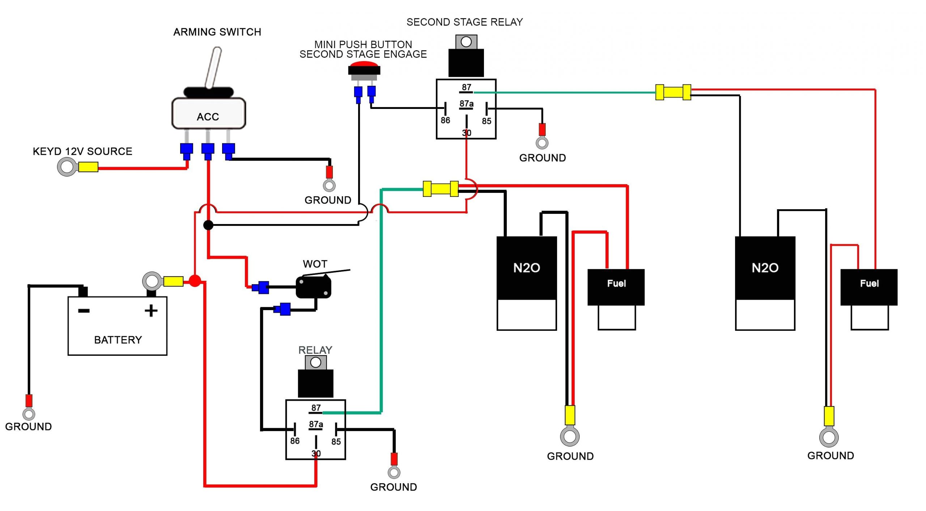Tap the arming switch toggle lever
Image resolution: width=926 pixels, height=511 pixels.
(213, 67)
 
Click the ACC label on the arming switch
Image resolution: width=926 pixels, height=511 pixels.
(208, 117)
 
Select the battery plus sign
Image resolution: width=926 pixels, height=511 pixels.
(151, 311)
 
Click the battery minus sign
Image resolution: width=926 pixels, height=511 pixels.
(84, 311)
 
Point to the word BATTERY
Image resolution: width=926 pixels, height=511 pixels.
(118, 340)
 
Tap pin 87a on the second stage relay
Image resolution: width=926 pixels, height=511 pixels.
(466, 104)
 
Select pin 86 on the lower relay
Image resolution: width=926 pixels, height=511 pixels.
(295, 440)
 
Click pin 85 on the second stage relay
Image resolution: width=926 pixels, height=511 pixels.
(487, 121)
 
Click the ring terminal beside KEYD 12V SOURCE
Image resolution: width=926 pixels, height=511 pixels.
(67, 167)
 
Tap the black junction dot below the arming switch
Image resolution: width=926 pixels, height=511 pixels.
(208, 225)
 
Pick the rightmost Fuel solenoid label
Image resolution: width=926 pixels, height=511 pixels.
(869, 283)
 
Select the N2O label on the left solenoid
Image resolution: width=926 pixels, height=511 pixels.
(527, 268)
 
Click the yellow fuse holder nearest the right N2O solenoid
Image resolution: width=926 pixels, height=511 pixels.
(673, 92)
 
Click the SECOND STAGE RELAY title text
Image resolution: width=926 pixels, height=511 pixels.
(464, 22)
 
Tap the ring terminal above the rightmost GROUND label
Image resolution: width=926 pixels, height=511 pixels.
(829, 438)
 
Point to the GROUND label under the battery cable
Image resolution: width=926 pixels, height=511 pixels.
(28, 426)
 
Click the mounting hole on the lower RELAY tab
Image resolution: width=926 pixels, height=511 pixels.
(316, 363)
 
